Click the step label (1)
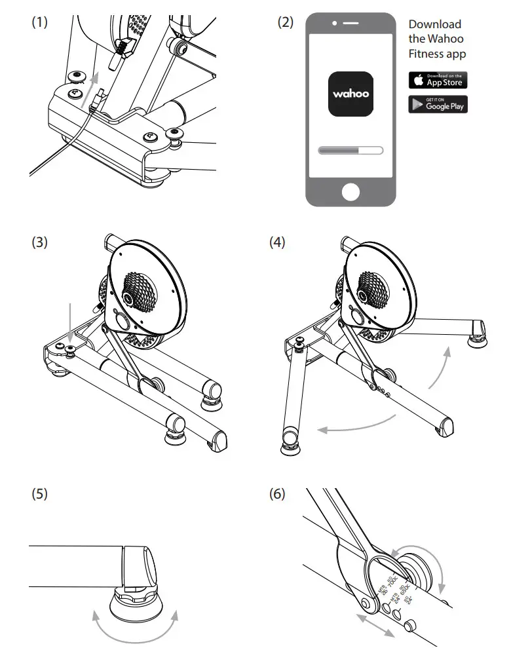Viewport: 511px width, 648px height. tap(40, 22)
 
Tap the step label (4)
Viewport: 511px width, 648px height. tap(277, 242)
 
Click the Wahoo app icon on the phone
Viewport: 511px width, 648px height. tap(350, 94)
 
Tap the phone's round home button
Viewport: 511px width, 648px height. tap(351, 191)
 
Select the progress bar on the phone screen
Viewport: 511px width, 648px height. tap(350, 150)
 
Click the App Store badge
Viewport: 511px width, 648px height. tap(438, 80)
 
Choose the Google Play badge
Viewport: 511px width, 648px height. tap(438, 104)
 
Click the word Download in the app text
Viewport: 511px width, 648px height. tap(434, 24)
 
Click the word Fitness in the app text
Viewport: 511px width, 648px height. tap(426, 54)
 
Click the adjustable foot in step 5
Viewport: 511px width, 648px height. tap(138, 586)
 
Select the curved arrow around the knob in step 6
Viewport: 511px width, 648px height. tap(428, 563)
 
